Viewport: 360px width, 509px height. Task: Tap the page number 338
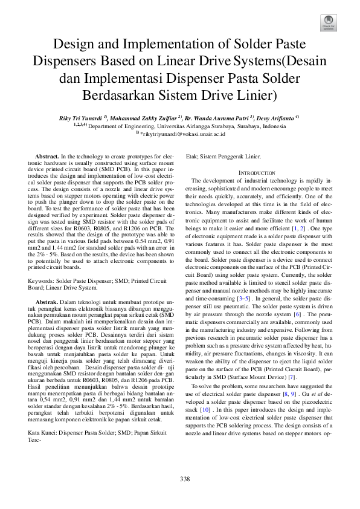tap(185, 479)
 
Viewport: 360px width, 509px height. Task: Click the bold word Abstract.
tap(46, 157)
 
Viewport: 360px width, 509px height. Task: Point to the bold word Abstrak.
tap(47, 300)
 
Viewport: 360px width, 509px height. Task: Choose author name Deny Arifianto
tap(274, 117)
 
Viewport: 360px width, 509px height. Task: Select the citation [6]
tap(297, 314)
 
